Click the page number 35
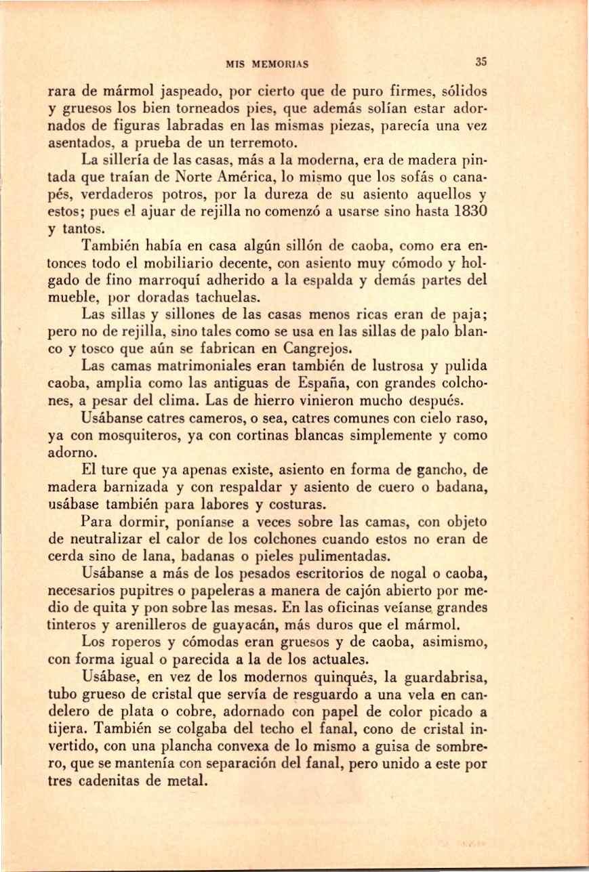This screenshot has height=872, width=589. click(x=481, y=61)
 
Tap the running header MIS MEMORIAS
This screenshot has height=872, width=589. click(x=267, y=64)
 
